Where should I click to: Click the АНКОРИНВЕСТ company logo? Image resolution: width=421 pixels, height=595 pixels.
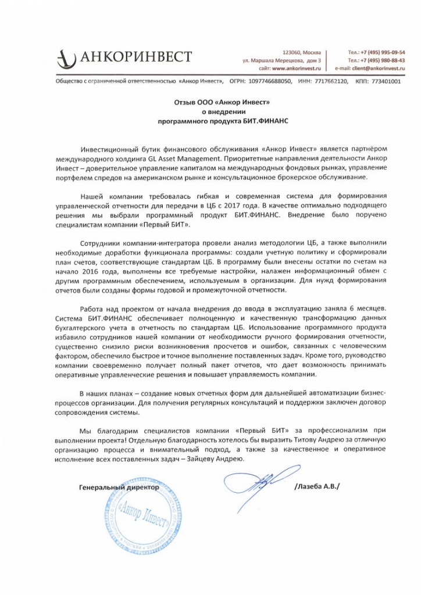pos(124,57)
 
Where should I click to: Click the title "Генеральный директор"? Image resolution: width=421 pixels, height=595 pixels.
pos(119,488)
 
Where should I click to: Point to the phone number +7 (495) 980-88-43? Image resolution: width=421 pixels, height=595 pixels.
pos(382,60)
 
